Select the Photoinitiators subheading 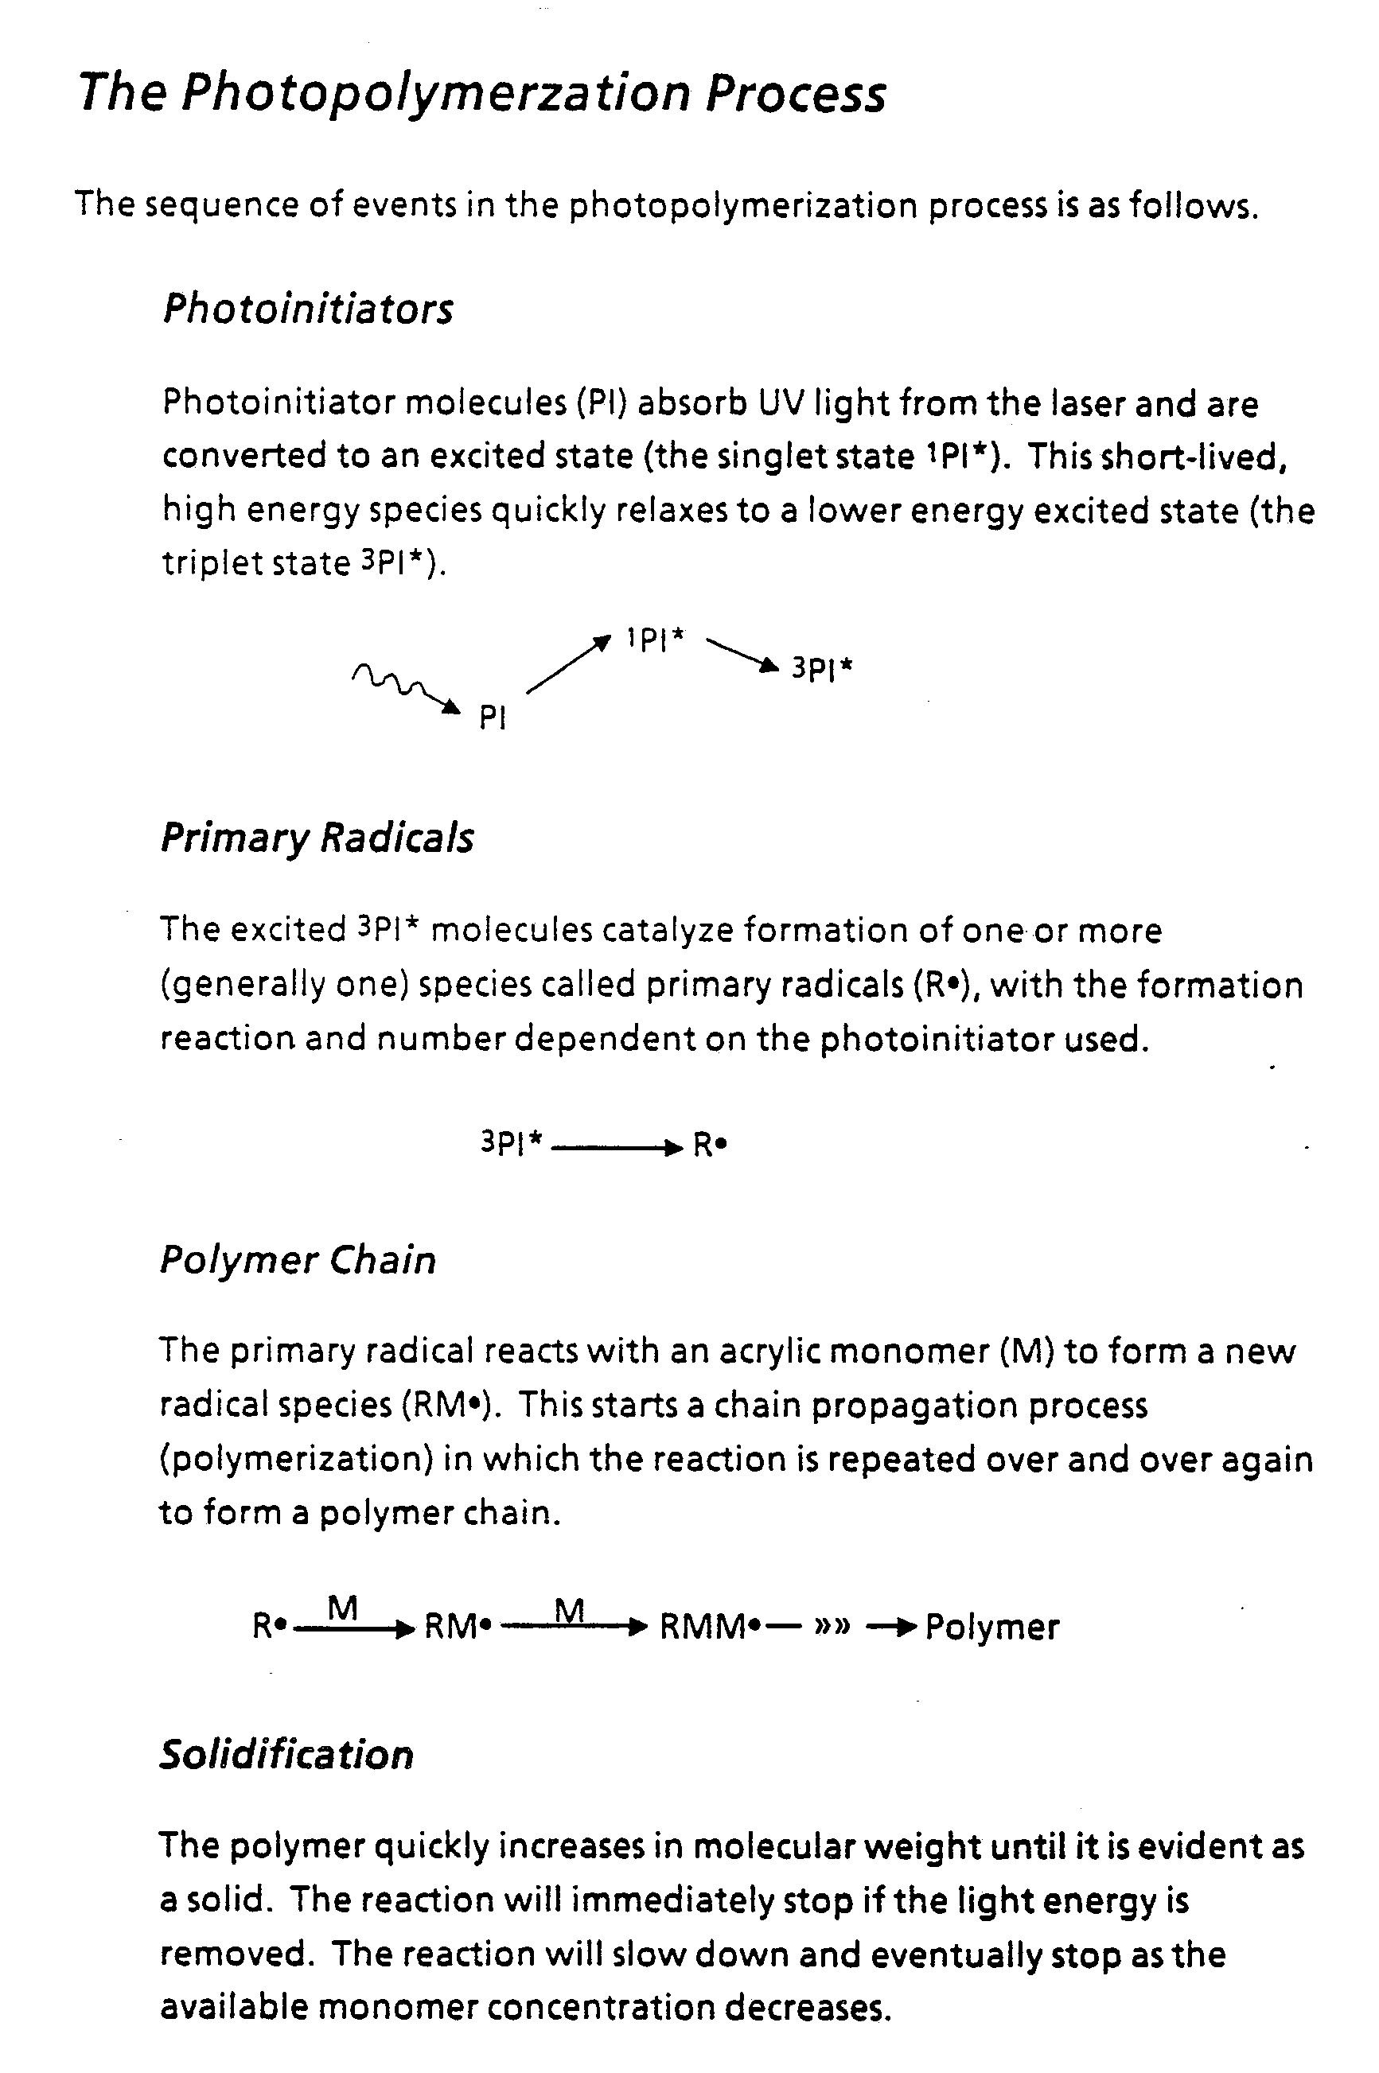pos(308,309)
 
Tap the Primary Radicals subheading pos(317,838)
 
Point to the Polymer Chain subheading pos(298,1260)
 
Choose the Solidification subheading pos(286,1755)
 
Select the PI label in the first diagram pos(493,718)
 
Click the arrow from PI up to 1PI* pos(568,666)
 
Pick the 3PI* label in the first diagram pos(821,669)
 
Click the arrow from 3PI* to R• pos(616,1147)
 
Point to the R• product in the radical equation pos(710,1145)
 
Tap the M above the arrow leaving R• pos(342,1608)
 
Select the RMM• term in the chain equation pos(710,1628)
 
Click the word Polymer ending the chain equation pos(991,1628)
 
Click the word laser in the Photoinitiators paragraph pos(1088,403)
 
